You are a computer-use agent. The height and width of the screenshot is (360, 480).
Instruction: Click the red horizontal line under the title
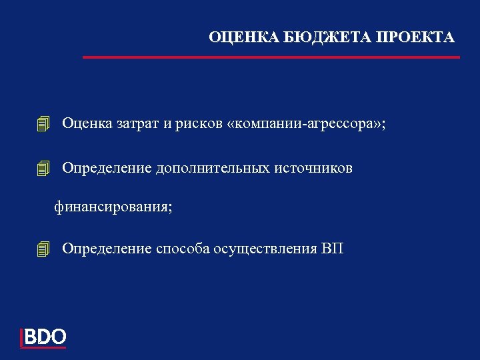[x=271, y=57]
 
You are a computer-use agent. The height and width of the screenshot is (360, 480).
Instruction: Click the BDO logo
[x=44, y=337]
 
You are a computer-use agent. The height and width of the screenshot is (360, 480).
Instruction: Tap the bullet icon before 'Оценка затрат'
[x=44, y=124]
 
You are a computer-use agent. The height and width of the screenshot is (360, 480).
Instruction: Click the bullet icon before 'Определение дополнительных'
[x=44, y=169]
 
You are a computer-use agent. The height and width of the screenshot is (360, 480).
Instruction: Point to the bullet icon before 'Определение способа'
[x=44, y=250]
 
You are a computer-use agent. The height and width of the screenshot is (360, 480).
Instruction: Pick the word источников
[x=313, y=169]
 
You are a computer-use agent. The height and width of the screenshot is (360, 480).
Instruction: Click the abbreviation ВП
[x=333, y=249]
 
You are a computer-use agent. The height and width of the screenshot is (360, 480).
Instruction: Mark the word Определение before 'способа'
[x=107, y=249]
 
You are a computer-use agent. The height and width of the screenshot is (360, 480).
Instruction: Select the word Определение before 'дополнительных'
[x=107, y=169]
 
